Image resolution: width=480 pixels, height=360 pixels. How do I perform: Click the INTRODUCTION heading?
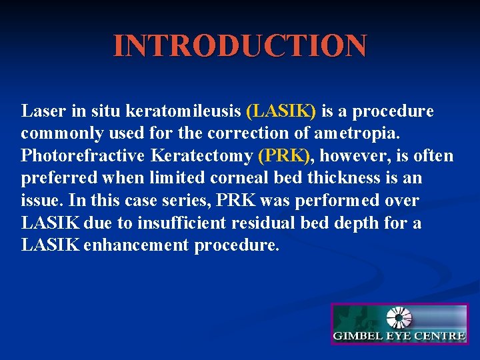tap(240, 45)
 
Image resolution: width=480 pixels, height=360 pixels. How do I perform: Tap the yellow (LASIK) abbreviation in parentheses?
tap(281, 111)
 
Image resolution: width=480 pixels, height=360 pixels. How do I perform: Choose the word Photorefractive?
tap(83, 156)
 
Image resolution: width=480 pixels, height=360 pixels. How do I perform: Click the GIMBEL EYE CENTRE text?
tap(399, 336)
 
